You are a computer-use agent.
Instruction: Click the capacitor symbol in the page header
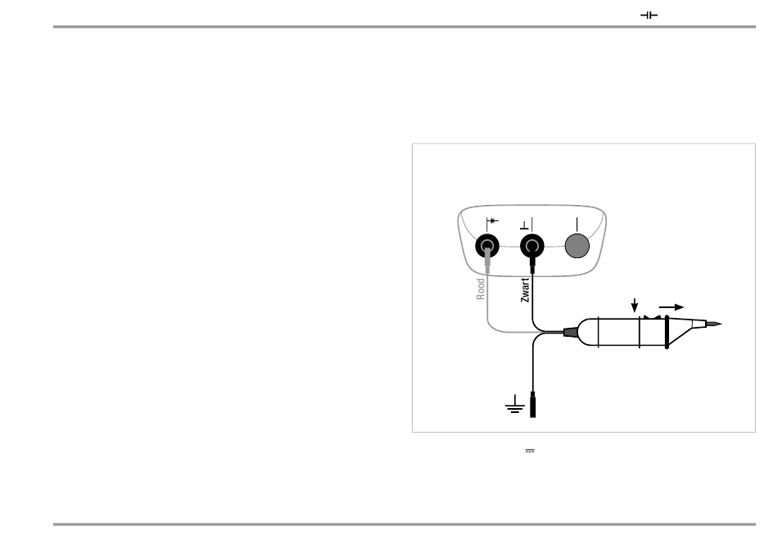[649, 16]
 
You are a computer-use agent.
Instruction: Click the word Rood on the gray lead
[482, 288]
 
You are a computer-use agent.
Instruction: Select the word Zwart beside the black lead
[525, 289]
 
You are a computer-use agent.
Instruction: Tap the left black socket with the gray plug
[488, 245]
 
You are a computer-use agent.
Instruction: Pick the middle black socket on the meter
[532, 245]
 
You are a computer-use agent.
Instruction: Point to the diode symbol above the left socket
[492, 221]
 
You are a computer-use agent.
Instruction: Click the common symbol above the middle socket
[526, 223]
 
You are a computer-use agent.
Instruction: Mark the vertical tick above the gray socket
[577, 222]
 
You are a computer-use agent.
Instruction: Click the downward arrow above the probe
[635, 305]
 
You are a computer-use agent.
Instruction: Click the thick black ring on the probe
[667, 332]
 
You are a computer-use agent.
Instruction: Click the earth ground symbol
[514, 404]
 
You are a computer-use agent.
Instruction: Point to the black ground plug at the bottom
[533, 405]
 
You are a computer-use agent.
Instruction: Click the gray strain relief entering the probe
[569, 332]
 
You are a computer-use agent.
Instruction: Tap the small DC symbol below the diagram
[530, 450]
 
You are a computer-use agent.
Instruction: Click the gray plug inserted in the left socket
[488, 261]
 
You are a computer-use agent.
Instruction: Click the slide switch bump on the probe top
[652, 315]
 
